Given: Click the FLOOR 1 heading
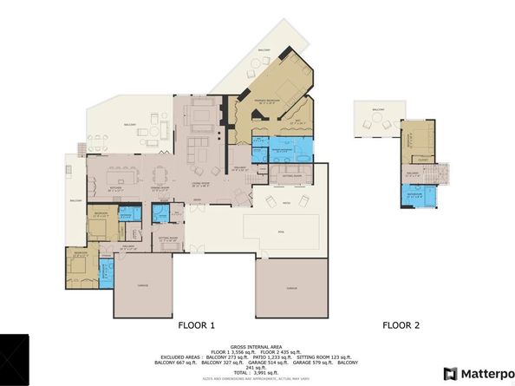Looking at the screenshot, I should [x=196, y=325].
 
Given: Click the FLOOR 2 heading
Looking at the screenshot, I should [x=401, y=325].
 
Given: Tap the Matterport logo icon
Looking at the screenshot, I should [x=449, y=373].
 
